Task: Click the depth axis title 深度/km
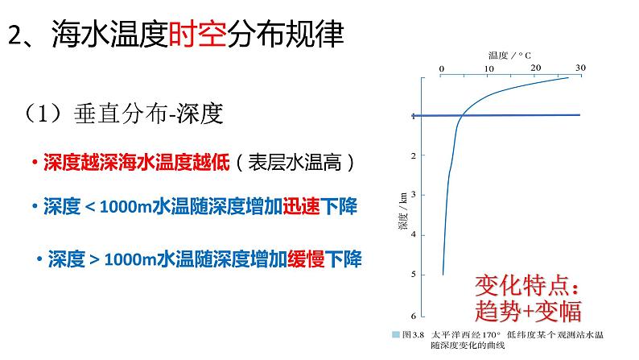(402, 211)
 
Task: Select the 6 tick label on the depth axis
(413, 315)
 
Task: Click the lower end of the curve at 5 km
(443, 274)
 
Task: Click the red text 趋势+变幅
(528, 309)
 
